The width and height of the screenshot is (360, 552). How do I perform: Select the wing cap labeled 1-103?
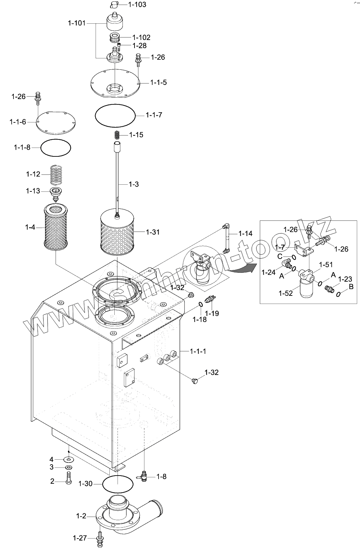point(113,4)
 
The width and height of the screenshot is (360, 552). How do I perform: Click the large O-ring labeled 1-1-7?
point(115,114)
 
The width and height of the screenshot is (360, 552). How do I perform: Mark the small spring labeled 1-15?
point(118,135)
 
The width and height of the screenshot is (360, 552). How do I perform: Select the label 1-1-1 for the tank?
point(198,351)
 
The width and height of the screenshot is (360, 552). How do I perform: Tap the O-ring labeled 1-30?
point(118,484)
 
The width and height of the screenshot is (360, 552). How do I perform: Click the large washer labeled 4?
point(68,459)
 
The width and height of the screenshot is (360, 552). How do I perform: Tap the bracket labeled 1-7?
point(303,251)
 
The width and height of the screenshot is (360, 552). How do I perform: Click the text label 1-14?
point(246,233)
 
